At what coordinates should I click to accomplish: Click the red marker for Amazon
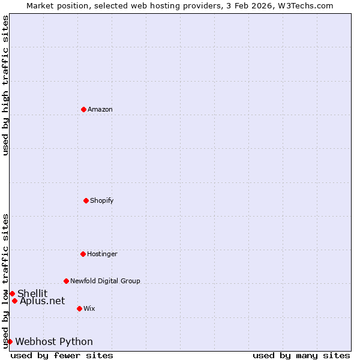coord(83,109)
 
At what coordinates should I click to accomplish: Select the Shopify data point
coord(86,200)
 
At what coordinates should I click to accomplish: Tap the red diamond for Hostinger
coord(83,254)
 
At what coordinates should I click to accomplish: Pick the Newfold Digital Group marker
coord(66,281)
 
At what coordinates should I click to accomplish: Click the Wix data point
coord(79,308)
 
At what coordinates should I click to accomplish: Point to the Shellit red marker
coord(12,293)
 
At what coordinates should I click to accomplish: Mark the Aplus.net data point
coord(14,301)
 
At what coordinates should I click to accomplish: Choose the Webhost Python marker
coord(10,341)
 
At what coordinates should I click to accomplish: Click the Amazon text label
coord(100,109)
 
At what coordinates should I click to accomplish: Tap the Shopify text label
coord(102,200)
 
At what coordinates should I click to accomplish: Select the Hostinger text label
coord(102,254)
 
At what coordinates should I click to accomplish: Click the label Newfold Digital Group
coord(105,281)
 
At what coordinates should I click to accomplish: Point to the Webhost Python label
coord(54,341)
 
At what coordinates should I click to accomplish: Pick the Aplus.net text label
coord(42,301)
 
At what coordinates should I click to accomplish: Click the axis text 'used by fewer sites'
coord(62,355)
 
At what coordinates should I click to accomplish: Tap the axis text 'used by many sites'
coord(301,355)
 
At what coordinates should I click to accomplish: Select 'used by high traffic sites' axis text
coord(6,85)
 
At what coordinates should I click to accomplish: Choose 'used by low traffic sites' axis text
coord(6,281)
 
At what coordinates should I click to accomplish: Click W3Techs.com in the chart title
coord(305,5)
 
